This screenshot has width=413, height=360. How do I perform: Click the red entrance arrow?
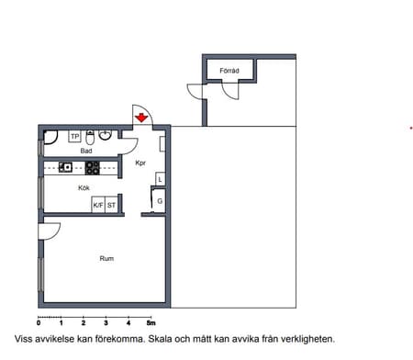click(141, 118)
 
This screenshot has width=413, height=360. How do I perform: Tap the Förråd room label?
click(229, 71)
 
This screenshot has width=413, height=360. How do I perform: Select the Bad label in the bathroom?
click(86, 151)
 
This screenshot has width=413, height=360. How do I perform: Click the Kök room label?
click(84, 187)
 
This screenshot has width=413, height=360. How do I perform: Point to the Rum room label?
click(106, 258)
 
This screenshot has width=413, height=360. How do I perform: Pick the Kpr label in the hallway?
click(140, 163)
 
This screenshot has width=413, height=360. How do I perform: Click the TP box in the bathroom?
click(75, 137)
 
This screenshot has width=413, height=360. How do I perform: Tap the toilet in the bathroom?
click(90, 138)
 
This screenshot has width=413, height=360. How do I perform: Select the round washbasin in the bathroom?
click(106, 135)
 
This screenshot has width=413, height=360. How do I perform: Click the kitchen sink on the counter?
click(65, 167)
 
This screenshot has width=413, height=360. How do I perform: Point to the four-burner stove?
click(92, 168)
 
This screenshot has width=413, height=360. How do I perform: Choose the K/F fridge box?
click(98, 205)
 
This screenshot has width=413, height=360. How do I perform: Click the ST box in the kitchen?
click(111, 205)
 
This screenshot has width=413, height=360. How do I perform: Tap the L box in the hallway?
click(161, 179)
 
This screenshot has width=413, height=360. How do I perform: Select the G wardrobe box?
click(159, 201)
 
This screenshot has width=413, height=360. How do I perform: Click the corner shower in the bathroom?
click(50, 137)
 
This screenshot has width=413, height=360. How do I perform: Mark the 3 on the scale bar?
click(106, 323)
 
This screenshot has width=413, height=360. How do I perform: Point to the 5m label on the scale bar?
click(151, 323)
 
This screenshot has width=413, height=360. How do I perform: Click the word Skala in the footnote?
click(160, 339)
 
